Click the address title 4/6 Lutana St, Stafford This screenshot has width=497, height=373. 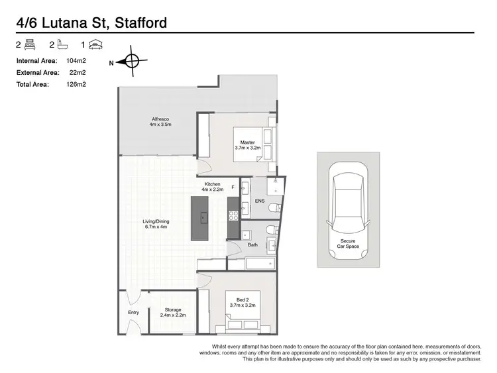pyautogui.click(x=91, y=23)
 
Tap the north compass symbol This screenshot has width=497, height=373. pyautogui.click(x=131, y=62)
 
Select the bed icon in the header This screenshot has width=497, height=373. pyautogui.click(x=30, y=45)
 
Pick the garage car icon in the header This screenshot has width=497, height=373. pyautogui.click(x=95, y=45)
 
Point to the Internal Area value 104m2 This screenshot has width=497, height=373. pyautogui.click(x=77, y=60)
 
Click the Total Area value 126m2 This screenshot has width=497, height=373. pyautogui.click(x=77, y=84)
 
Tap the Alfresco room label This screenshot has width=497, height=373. pyautogui.click(x=160, y=122)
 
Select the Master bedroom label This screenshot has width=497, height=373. pyautogui.click(x=247, y=145)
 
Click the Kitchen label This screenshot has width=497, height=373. pyautogui.click(x=213, y=187)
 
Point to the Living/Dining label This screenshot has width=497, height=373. pyautogui.click(x=156, y=224)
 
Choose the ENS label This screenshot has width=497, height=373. pyautogui.click(x=260, y=201)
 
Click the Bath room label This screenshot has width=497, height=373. pyautogui.click(x=252, y=244)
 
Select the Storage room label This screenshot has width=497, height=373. pyautogui.click(x=172, y=312)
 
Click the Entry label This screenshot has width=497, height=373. pyautogui.click(x=133, y=313)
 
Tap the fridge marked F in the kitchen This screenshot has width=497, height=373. pyautogui.click(x=233, y=187)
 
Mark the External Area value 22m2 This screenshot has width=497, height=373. pyautogui.click(x=78, y=72)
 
